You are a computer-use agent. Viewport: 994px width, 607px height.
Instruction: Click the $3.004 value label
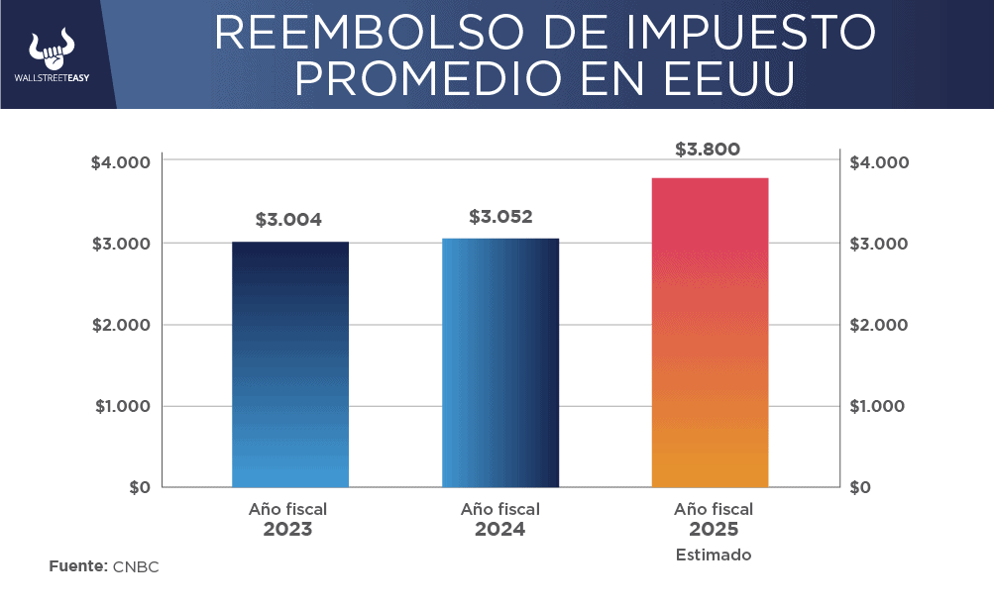[288, 220]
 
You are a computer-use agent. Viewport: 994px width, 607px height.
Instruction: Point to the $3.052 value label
[500, 216]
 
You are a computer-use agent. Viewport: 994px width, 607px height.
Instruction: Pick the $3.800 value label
[708, 151]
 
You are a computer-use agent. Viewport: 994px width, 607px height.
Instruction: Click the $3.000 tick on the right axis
[879, 244]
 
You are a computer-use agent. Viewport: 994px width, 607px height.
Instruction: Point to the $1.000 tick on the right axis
[879, 406]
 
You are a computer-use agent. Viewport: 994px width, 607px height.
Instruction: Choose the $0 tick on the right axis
[861, 487]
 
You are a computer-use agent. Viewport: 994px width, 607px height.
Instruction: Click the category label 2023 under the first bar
[287, 530]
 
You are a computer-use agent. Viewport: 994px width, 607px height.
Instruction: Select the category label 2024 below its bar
[499, 530]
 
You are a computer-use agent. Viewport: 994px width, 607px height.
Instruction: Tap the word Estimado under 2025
[714, 555]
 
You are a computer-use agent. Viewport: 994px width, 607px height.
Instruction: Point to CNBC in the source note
[136, 566]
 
